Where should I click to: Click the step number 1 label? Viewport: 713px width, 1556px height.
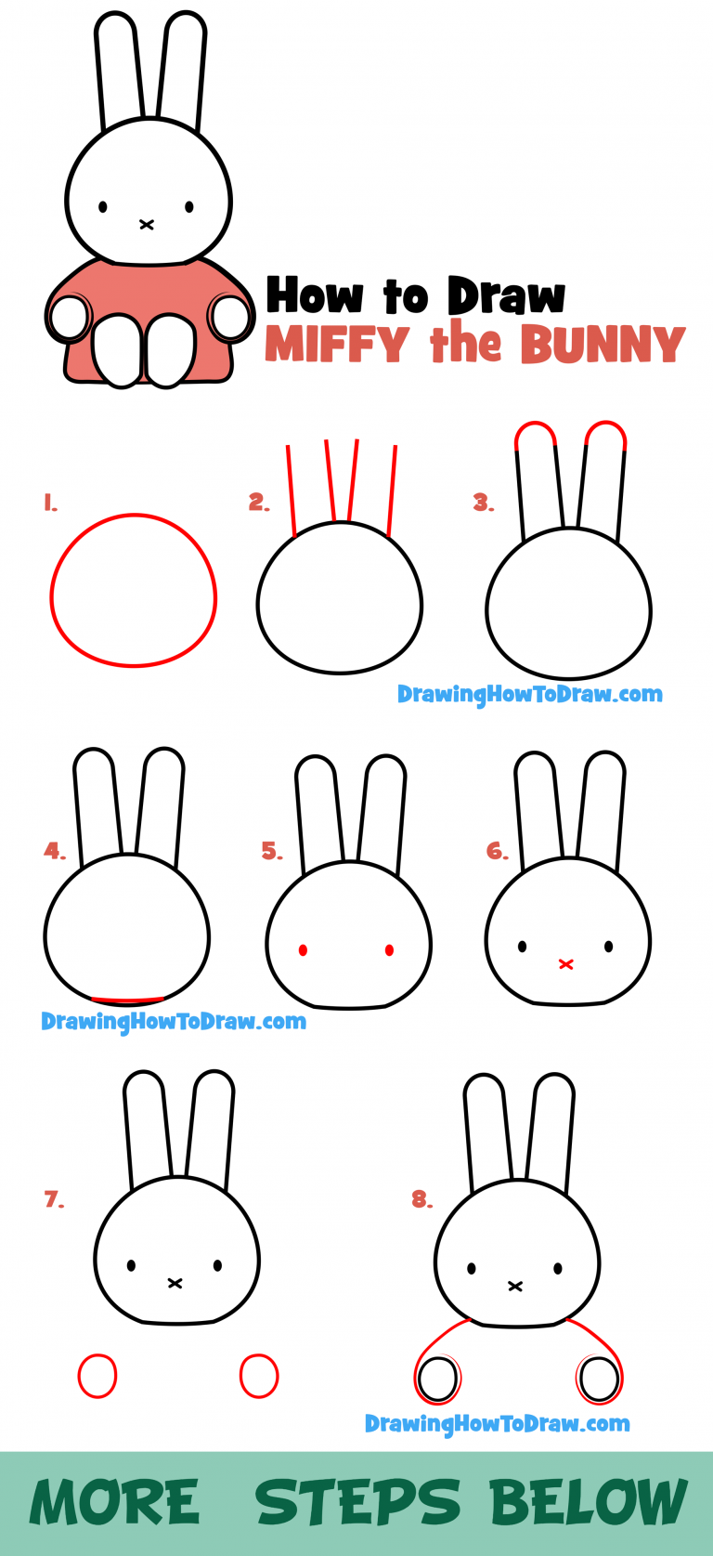tap(50, 503)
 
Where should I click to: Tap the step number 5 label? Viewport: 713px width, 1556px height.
tap(271, 851)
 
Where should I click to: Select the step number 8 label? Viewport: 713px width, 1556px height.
tap(421, 1199)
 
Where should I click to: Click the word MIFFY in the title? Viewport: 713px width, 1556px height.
tap(337, 345)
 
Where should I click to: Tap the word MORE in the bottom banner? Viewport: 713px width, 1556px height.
tap(115, 1502)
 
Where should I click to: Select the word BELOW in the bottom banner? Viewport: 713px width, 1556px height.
tap(588, 1502)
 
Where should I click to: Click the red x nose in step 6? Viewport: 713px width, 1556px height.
tap(565, 964)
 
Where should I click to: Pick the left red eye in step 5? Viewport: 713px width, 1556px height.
tap(304, 949)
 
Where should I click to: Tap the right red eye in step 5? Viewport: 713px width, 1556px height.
tap(389, 949)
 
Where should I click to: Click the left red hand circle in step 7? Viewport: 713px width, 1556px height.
tap(97, 1376)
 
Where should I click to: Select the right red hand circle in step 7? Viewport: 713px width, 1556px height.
tap(259, 1376)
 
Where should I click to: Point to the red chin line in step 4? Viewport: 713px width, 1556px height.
tap(127, 1000)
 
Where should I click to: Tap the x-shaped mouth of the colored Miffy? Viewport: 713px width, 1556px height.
tap(147, 224)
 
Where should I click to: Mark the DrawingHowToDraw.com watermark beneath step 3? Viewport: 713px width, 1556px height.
tap(529, 694)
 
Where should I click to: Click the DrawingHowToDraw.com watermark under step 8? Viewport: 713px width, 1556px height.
tap(497, 1423)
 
